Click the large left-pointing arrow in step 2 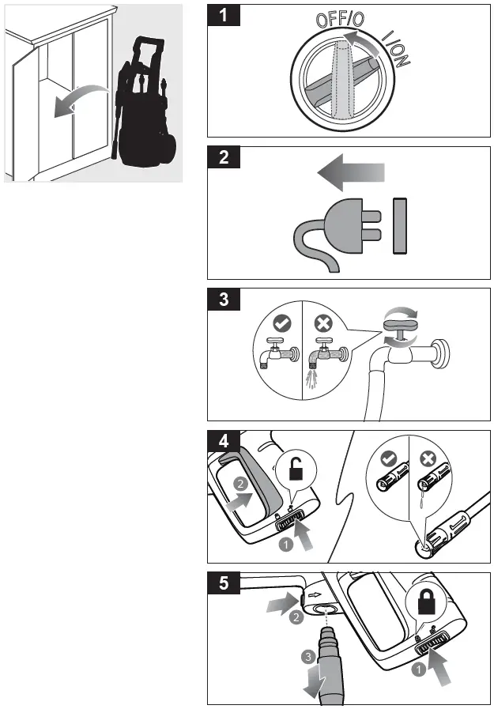[349, 172]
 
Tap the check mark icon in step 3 [281, 322]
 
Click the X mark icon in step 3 [322, 322]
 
